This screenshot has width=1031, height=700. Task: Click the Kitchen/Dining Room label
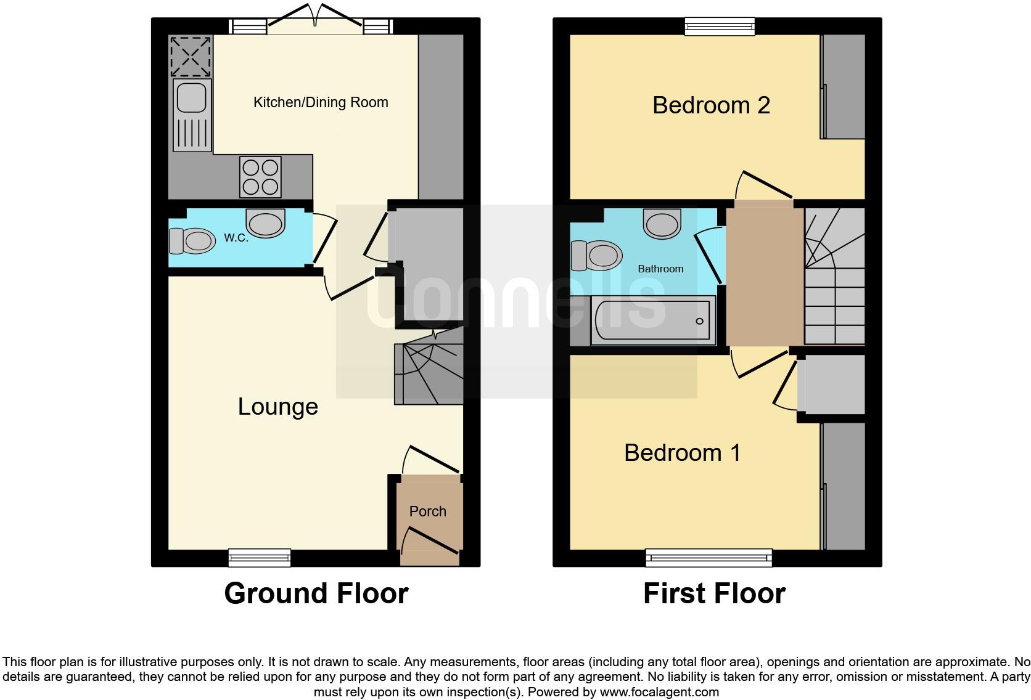click(x=321, y=102)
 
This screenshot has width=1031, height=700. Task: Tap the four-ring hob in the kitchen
click(x=260, y=177)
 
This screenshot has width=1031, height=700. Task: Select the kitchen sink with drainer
click(x=192, y=115)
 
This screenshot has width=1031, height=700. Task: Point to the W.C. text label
click(x=236, y=238)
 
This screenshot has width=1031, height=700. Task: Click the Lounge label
click(x=277, y=407)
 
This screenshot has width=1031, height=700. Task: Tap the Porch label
click(x=427, y=511)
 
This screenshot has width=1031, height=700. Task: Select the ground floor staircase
click(x=429, y=373)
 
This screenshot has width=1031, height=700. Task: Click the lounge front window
click(x=259, y=557)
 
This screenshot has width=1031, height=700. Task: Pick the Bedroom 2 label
click(x=711, y=105)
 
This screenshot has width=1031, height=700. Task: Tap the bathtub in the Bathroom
click(x=653, y=320)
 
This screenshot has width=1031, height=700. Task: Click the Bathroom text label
click(x=660, y=269)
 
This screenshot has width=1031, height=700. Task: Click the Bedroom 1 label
click(x=682, y=453)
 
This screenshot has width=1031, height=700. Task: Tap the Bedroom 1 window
click(x=709, y=558)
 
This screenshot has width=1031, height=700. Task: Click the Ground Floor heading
click(x=316, y=593)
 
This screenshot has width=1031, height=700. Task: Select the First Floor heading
click(x=714, y=593)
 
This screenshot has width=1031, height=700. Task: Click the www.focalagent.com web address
click(x=659, y=692)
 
